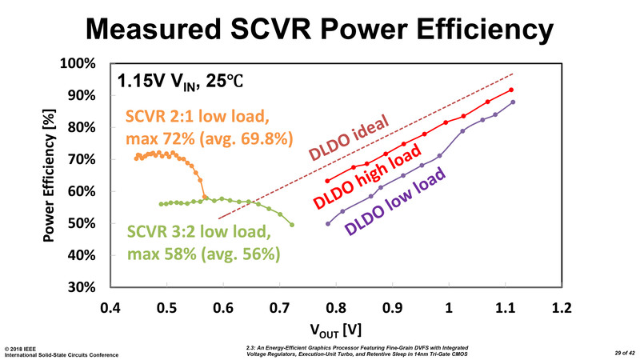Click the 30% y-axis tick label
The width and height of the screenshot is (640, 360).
click(82, 287)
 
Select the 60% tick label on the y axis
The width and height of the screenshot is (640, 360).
click(82, 192)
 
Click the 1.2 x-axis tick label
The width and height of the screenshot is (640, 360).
click(562, 308)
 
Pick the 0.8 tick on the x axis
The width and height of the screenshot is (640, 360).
click(336, 308)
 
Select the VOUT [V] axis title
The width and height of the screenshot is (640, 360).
click(336, 330)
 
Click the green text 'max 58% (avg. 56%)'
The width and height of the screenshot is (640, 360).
click(202, 255)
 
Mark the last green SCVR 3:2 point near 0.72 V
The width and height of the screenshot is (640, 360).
click(292, 225)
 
